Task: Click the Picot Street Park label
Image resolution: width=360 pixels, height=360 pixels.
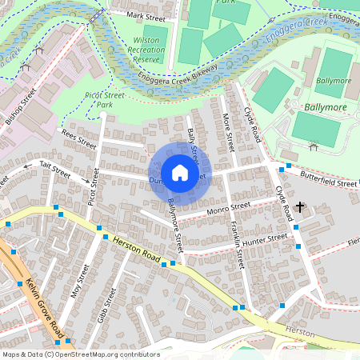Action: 105,100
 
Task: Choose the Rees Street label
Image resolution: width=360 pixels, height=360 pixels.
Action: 78,140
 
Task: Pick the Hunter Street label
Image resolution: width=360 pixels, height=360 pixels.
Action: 266,239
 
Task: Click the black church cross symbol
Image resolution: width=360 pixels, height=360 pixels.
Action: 300,208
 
